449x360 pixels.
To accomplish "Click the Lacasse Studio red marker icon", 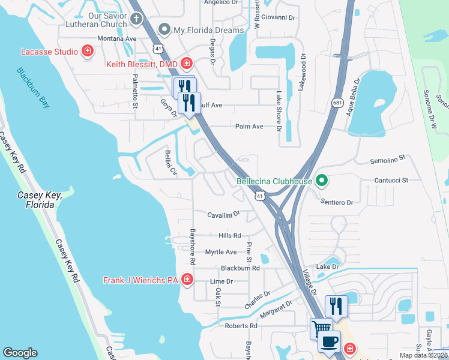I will [88, 52].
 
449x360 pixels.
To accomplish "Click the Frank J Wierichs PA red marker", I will [187, 280].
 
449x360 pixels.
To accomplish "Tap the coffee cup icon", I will [328, 343].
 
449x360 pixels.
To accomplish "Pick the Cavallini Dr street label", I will [223, 214].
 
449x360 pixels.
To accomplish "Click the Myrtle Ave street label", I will [221, 253].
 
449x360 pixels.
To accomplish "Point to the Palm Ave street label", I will [250, 127].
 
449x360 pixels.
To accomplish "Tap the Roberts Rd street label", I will [241, 326].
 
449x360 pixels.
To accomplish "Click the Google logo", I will [20, 353].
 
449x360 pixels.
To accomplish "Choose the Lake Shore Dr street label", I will [279, 110].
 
